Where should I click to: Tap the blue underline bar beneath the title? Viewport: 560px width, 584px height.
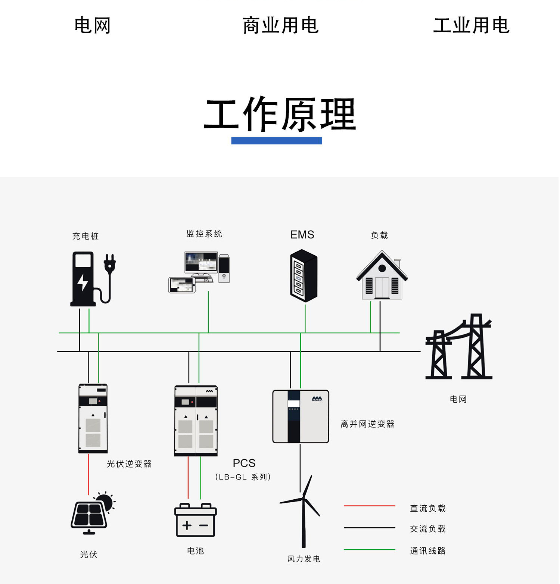(277, 141)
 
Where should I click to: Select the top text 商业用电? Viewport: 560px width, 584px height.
(280, 25)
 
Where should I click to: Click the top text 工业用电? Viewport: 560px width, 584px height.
(471, 25)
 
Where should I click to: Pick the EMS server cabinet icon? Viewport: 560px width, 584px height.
(304, 276)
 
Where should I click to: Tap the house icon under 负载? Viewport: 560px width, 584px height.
(382, 275)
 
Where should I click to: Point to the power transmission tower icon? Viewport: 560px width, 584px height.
(459, 347)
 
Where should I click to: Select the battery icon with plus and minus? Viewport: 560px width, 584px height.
(196, 520)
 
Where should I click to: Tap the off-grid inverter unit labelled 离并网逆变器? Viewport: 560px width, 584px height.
(301, 416)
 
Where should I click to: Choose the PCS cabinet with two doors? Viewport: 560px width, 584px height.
(196, 421)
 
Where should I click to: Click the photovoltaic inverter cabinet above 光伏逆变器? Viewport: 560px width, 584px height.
(93, 418)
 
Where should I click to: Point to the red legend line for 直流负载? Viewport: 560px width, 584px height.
(370, 506)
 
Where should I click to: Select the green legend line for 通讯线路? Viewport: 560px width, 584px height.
(370, 550)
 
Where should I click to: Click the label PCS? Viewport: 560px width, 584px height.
(244, 463)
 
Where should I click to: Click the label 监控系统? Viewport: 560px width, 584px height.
(204, 234)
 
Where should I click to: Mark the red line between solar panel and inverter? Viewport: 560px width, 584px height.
(88, 474)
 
